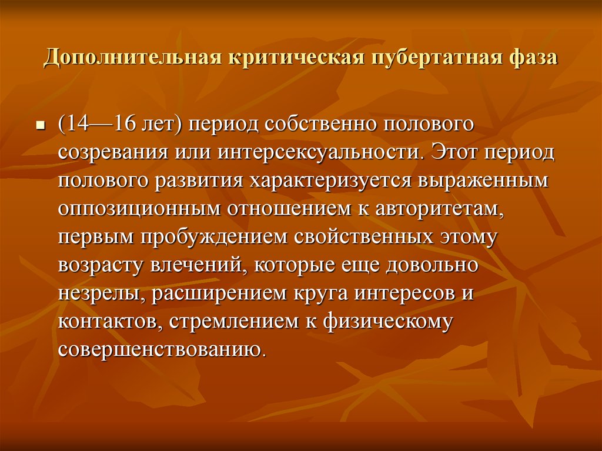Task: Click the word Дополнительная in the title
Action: pos(133,58)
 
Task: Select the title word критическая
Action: pos(296,58)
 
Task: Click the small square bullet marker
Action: pos(40,126)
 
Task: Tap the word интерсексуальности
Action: pos(319,152)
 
